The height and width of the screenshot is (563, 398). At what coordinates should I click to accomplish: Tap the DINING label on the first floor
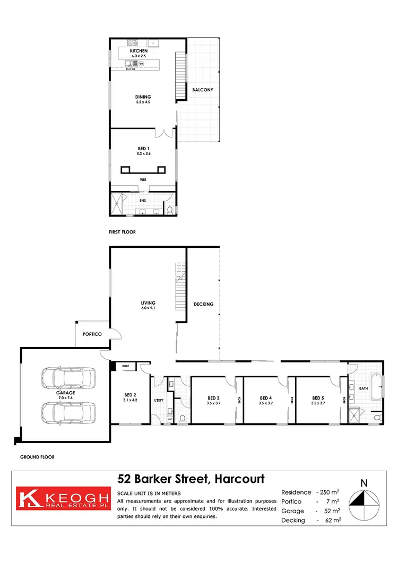point(143,97)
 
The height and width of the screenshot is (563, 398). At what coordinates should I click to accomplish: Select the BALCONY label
point(203,90)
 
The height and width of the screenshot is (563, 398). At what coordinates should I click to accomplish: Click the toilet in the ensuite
point(169,210)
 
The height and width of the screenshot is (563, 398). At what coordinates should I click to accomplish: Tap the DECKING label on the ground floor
point(204,304)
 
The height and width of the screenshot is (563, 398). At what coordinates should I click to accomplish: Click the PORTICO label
point(92,334)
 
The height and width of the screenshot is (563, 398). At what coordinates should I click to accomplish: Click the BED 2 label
point(131,395)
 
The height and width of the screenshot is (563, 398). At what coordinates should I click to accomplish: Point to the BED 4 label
point(266,398)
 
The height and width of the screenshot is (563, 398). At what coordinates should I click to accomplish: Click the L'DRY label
point(158,399)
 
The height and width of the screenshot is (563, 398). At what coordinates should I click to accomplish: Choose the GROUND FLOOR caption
point(37,456)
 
